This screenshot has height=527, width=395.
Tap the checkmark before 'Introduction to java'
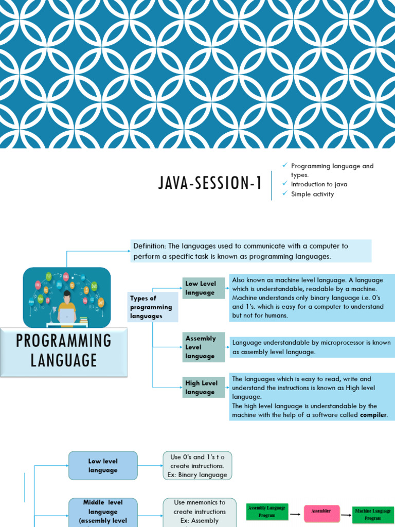pyautogui.click(x=285, y=184)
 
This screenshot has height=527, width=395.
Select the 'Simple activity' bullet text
pyautogui.click(x=312, y=194)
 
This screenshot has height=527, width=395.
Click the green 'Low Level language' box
pyautogui.click(x=204, y=288)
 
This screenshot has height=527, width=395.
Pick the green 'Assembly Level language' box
pyautogui.click(x=204, y=347)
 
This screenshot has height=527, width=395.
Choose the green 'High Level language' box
pyautogui.click(x=204, y=388)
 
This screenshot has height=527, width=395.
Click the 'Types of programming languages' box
pyautogui.click(x=152, y=307)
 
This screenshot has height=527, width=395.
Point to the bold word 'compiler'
pyautogui.click(x=373, y=415)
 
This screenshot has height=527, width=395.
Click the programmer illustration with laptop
pyautogui.click(x=67, y=298)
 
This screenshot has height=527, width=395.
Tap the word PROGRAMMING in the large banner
pyautogui.click(x=64, y=341)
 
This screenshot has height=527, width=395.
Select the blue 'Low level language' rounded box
pyautogui.click(x=103, y=466)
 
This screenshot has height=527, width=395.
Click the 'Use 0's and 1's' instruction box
pyautogui.click(x=197, y=466)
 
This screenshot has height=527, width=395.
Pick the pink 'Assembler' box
pyautogui.click(x=320, y=512)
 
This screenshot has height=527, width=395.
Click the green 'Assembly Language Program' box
pyautogui.click(x=267, y=512)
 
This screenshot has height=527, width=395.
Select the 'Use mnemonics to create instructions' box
pyautogui.click(x=200, y=512)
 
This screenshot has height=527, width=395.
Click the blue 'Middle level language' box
pyautogui.click(x=103, y=512)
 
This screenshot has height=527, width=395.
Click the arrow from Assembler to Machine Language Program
pyautogui.click(x=346, y=513)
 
